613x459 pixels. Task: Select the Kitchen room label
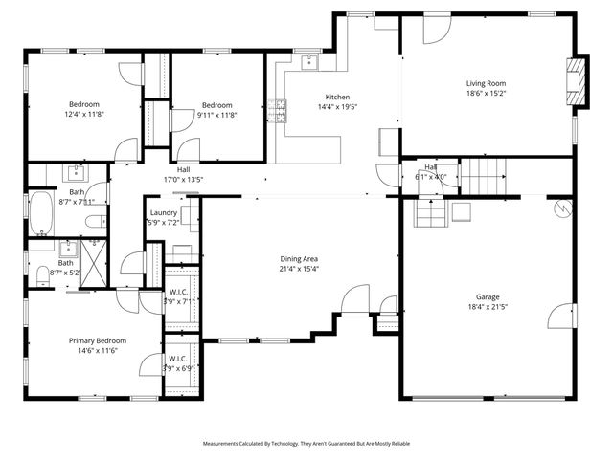(x=337, y=98)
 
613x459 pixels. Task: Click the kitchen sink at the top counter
(x=309, y=63)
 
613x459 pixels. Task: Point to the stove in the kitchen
(x=281, y=112)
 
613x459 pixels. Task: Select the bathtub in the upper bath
(x=41, y=214)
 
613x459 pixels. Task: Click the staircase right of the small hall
(x=483, y=175)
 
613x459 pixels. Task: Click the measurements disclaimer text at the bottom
(x=306, y=444)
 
